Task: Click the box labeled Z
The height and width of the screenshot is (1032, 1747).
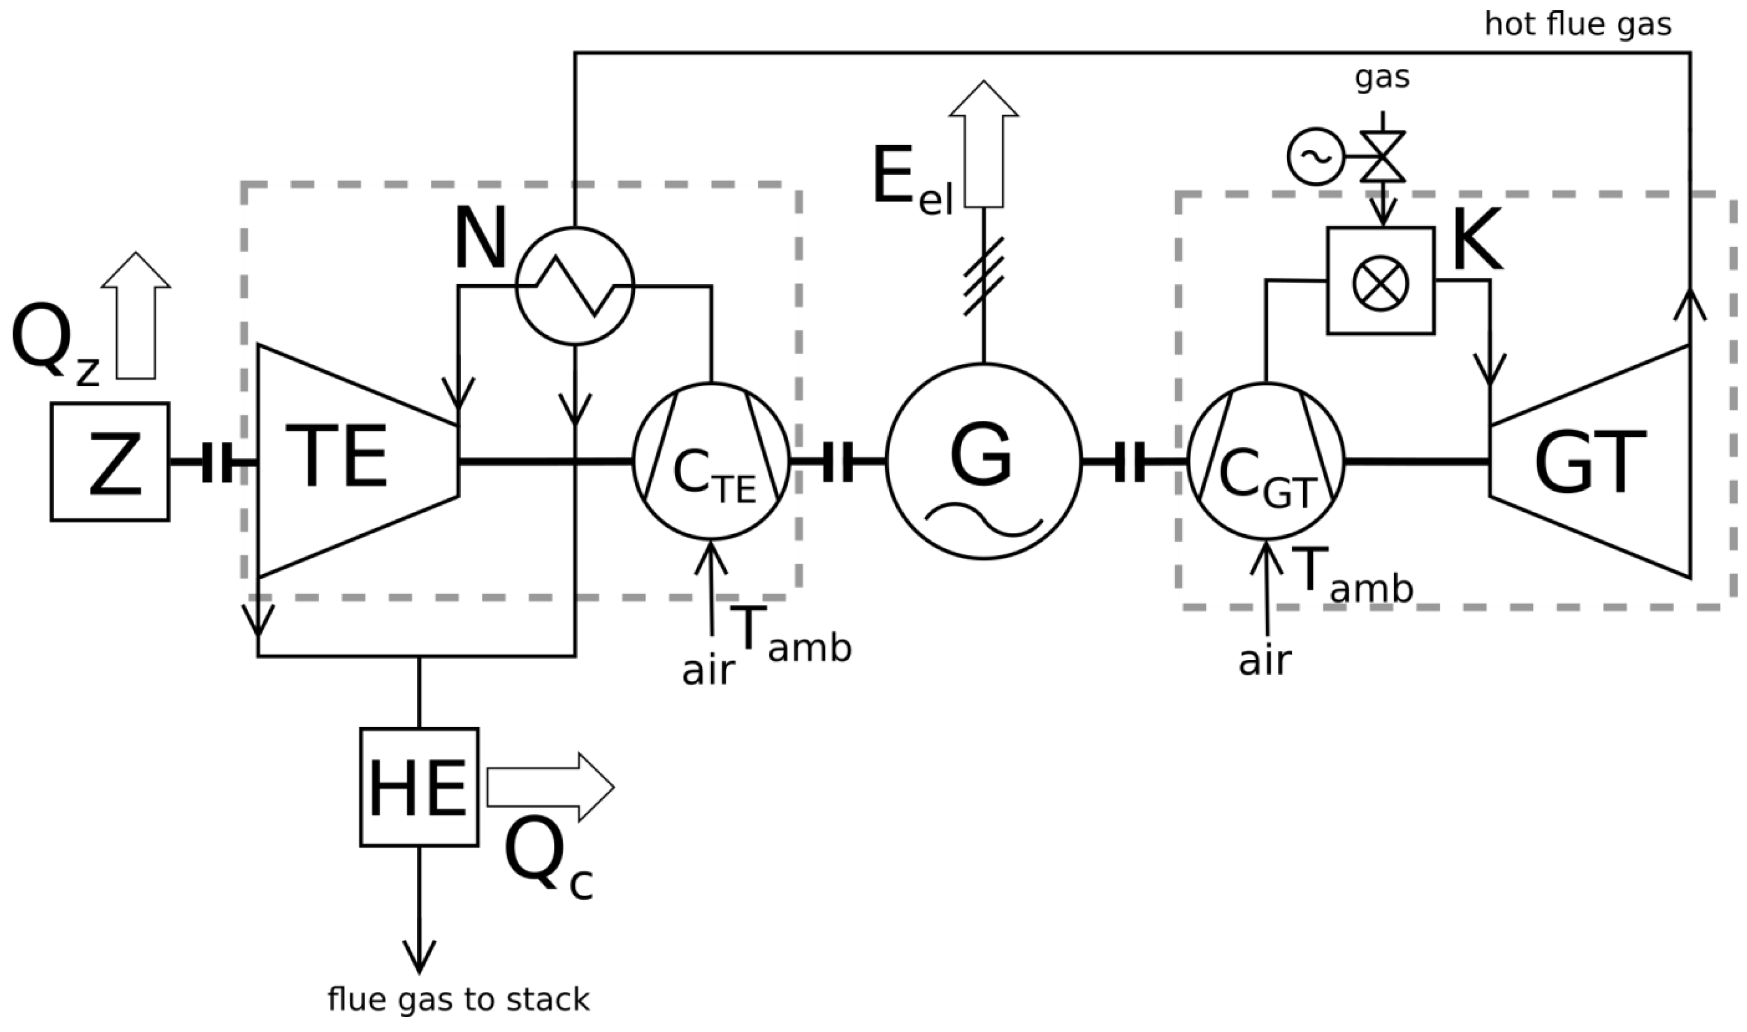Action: coord(110,462)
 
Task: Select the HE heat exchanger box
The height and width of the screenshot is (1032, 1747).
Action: coord(419,787)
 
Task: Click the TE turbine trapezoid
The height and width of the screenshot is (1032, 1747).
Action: coord(347,460)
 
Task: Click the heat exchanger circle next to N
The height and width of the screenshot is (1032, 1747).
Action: coord(575,286)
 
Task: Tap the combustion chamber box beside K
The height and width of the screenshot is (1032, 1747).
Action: coord(1381,281)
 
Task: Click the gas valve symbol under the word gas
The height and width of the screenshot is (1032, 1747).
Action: coord(1382,156)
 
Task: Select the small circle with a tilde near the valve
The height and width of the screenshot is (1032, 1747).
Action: coord(1315,156)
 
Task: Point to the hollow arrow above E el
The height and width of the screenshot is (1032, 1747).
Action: coord(984,142)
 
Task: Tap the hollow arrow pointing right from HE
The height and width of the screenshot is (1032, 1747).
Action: coord(550,787)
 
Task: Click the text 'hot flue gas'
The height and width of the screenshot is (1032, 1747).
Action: coord(1577,25)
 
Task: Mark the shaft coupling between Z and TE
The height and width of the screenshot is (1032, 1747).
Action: coord(217,462)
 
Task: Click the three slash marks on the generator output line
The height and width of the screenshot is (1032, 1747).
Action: coord(984,276)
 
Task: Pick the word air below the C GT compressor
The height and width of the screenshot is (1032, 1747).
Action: coord(1265,661)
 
